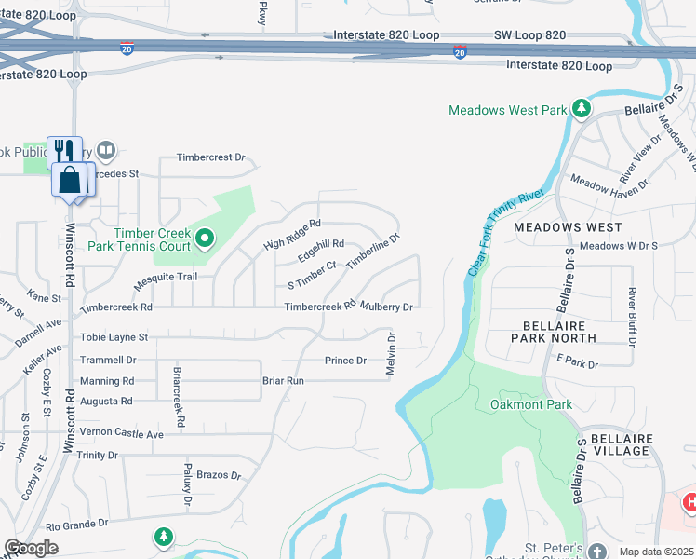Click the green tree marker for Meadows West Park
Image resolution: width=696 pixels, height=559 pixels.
tap(582, 110)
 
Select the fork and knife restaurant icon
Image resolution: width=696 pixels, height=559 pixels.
tap(64, 152)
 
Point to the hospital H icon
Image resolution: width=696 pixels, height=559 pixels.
tap(689, 503)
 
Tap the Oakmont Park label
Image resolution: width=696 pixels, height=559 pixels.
tap(531, 404)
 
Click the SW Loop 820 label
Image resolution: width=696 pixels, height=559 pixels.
tap(528, 35)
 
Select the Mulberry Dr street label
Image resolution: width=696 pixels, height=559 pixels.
tap(387, 307)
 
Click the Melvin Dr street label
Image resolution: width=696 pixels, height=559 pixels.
tap(392, 355)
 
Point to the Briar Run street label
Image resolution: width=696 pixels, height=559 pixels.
tap(283, 381)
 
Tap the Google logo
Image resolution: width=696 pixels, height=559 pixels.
tap(31, 548)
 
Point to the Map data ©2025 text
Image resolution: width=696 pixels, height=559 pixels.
tap(656, 552)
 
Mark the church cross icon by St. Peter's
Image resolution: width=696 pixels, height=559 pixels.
tap(596, 551)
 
